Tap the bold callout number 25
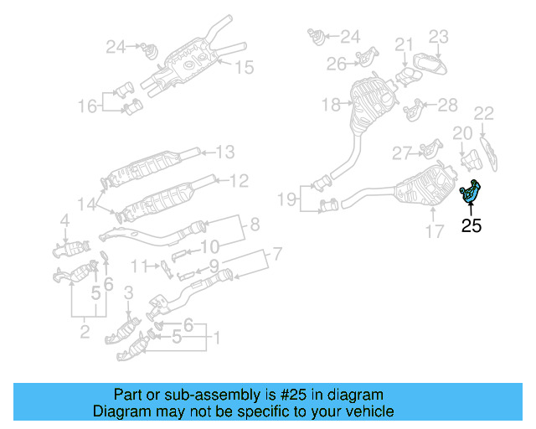tap(472, 225)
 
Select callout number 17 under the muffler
tap(433, 231)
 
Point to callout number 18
tap(331, 105)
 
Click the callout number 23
tap(439, 36)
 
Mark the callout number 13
tap(224, 152)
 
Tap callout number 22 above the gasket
tap(484, 113)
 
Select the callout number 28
tap(448, 105)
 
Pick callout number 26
tap(337, 63)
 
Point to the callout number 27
tap(403, 152)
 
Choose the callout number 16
tap(88, 106)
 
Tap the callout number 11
tap(139, 266)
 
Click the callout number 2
tap(85, 333)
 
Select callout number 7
tap(277, 253)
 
